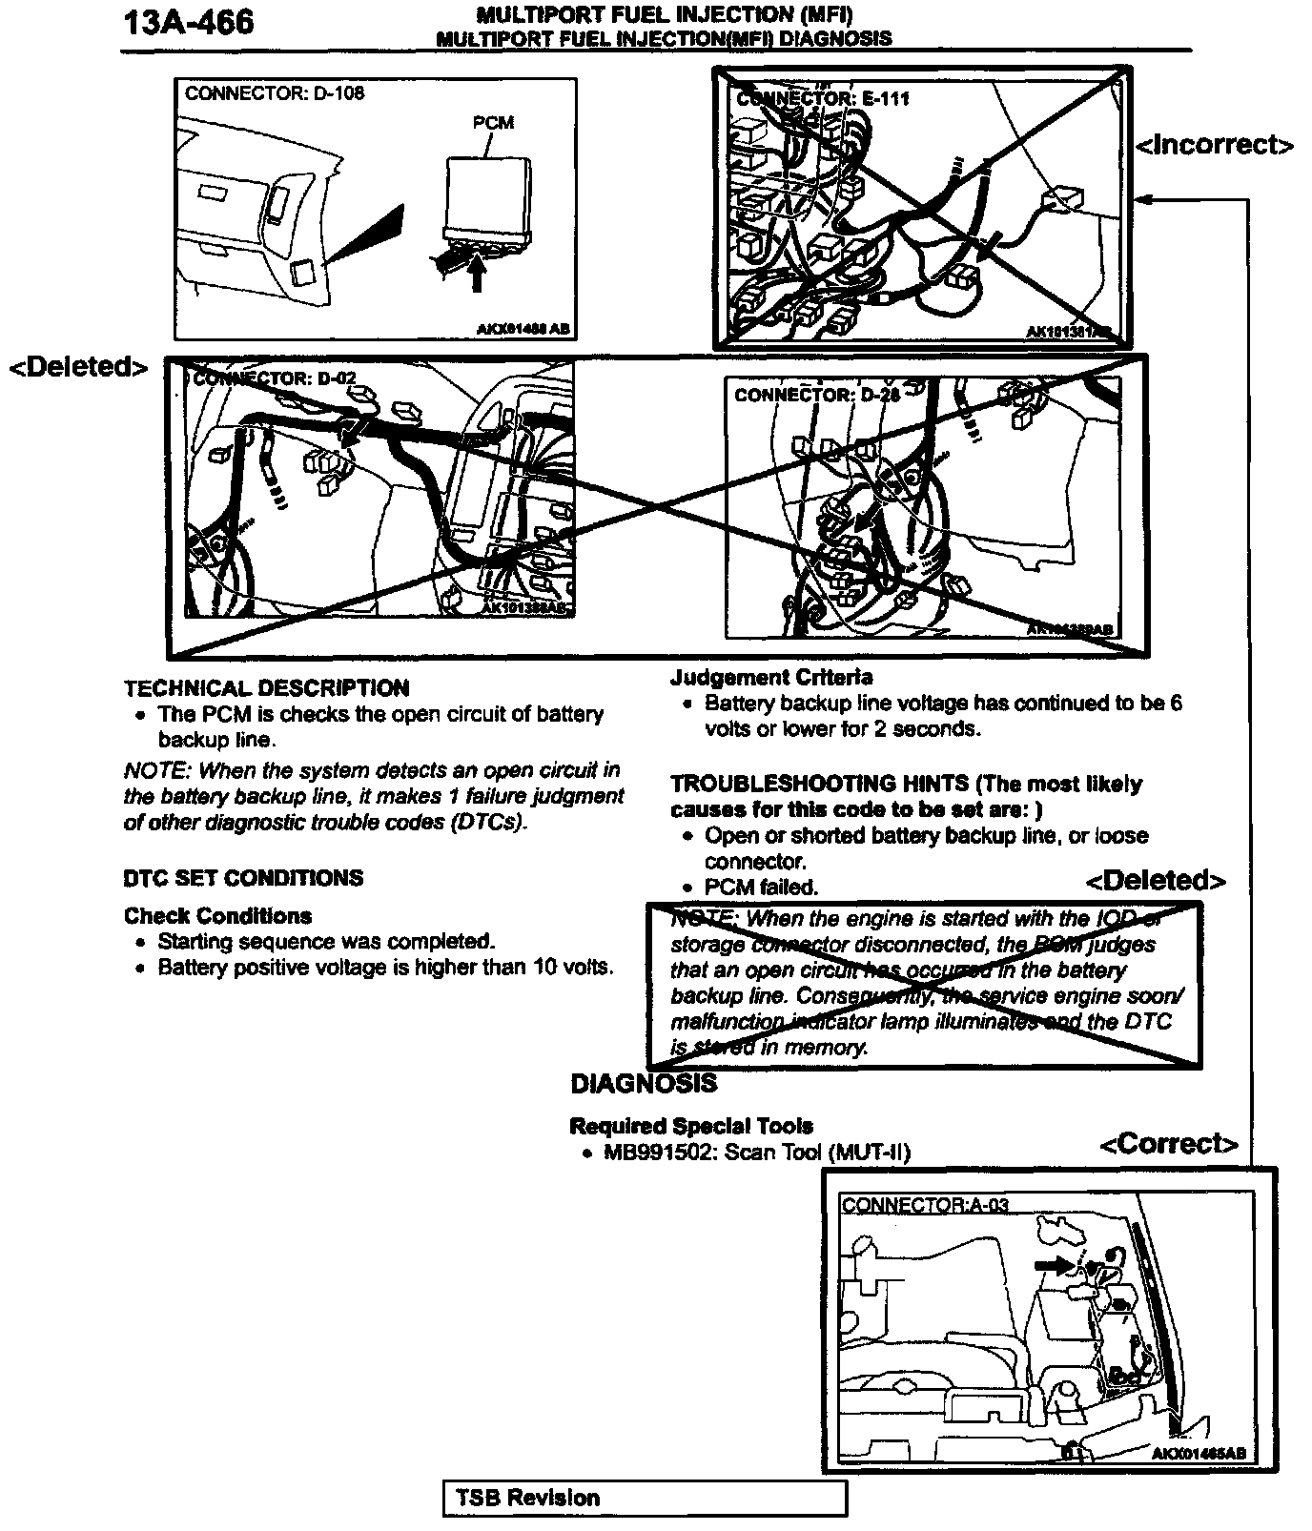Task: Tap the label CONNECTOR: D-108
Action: [275, 93]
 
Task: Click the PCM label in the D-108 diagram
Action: [493, 122]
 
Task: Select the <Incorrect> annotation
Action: [1215, 145]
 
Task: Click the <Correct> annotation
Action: [1169, 1143]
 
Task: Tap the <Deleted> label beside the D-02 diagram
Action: [79, 367]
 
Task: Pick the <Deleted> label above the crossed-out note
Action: [1156, 880]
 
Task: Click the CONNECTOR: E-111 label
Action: [824, 98]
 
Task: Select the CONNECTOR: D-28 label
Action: [817, 394]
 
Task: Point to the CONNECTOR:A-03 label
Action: [925, 1205]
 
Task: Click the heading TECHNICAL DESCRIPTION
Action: [267, 688]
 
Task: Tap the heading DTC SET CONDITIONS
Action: [243, 878]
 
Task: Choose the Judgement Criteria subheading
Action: [771, 678]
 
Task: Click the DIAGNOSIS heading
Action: [644, 1084]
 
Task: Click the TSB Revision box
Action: [645, 1498]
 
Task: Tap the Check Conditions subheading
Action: [217, 916]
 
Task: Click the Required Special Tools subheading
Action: [691, 1126]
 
